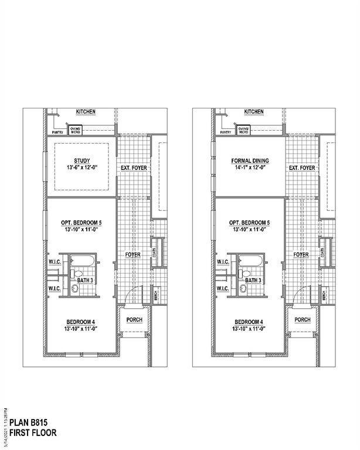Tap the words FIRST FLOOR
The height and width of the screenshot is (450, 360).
pyautogui.click(x=33, y=434)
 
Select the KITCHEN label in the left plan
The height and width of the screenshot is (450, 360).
pyautogui.click(x=86, y=112)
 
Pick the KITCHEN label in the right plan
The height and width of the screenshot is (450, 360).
pyautogui.click(x=254, y=112)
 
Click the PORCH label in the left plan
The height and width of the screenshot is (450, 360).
pyautogui.click(x=134, y=319)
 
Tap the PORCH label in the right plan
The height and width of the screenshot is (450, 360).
pyautogui.click(x=303, y=319)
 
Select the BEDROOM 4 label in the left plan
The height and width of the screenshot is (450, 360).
pyautogui.click(x=82, y=322)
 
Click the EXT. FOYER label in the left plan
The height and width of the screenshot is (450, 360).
pyautogui.click(x=134, y=168)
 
